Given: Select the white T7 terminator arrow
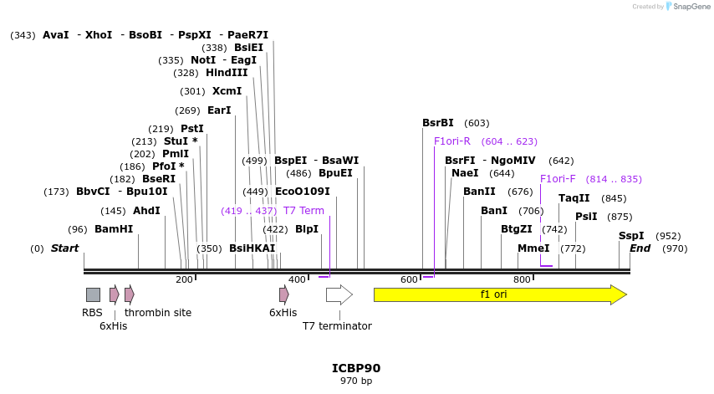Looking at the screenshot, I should coord(339,294).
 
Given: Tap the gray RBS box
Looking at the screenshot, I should coord(93,294).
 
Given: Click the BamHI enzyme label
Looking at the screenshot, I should coord(114,229).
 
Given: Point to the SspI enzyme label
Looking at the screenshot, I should coord(631,236).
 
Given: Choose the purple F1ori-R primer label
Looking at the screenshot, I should coord(452,141).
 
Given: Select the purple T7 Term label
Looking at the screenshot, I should coord(303,211).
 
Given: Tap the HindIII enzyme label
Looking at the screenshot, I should coord(227,73).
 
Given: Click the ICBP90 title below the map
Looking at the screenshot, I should coord(356,368).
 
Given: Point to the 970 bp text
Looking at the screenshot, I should coord(356,381).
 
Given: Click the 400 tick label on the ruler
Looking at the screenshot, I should coord(297,279).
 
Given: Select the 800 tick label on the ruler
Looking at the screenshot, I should coord(522,279).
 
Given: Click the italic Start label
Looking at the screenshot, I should coord(64,248).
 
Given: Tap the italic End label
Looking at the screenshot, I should coord(640,248).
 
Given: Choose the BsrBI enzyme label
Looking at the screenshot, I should coord(438,123).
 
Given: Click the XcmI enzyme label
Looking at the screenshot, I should coord(227,91).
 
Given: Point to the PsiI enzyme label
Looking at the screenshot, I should coord(586,217).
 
